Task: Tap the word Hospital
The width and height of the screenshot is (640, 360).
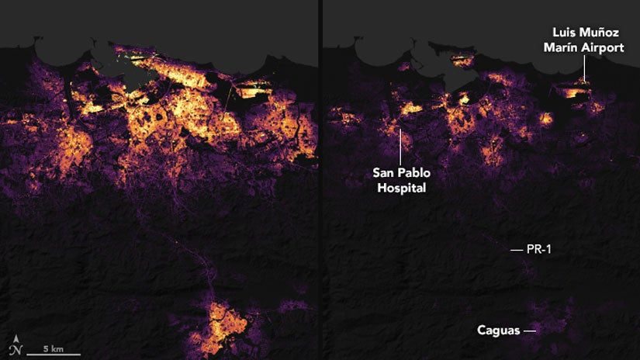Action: tap(399, 188)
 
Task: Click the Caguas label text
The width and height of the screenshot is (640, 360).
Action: tap(498, 331)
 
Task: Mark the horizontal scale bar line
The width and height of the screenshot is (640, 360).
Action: tap(53, 355)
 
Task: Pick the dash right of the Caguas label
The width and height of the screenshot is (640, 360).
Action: tap(530, 331)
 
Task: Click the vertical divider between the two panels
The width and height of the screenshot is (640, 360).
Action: tap(319, 180)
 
